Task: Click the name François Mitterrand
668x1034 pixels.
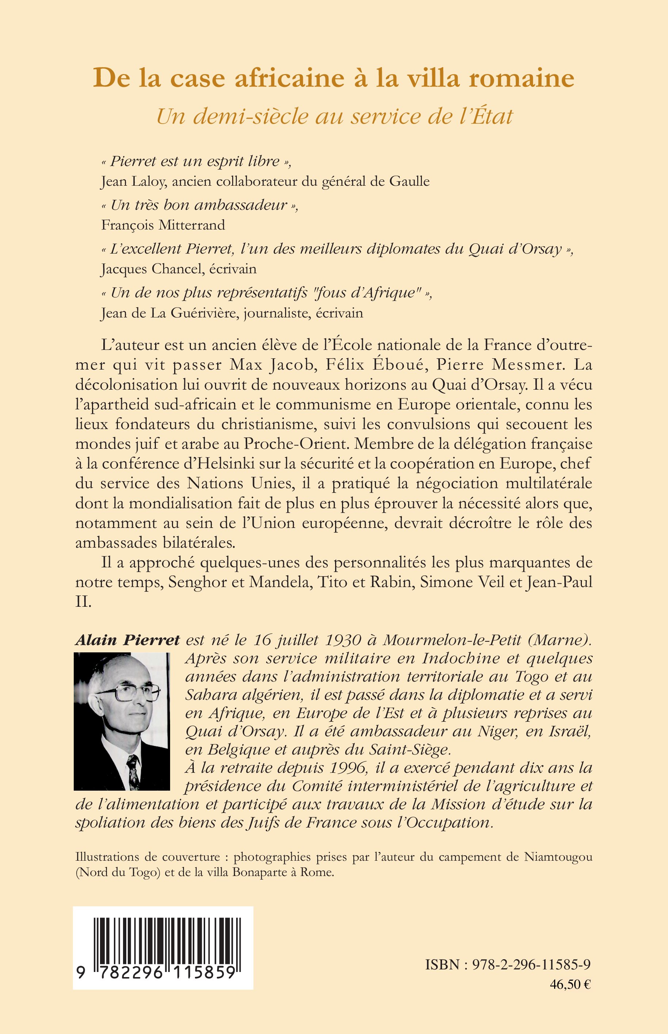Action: (163, 225)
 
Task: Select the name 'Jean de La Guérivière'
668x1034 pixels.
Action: (170, 313)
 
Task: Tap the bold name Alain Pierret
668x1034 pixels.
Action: (127, 640)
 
